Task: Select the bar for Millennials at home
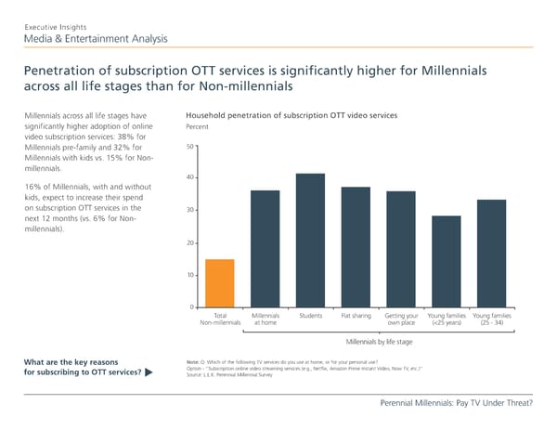pyautogui.click(x=266, y=249)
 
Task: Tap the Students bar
pyautogui.click(x=311, y=241)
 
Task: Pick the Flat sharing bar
pyautogui.click(x=356, y=247)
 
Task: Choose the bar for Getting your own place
pyautogui.click(x=401, y=249)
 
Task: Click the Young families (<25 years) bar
pyautogui.click(x=446, y=262)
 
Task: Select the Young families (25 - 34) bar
pyautogui.click(x=491, y=254)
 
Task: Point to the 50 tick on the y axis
pyautogui.click(x=189, y=147)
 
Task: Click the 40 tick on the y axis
pyautogui.click(x=189, y=178)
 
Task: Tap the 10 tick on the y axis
pyautogui.click(x=189, y=275)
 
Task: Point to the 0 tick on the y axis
pyautogui.click(x=191, y=307)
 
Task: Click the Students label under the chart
pyautogui.click(x=311, y=316)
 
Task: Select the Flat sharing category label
pyautogui.click(x=356, y=316)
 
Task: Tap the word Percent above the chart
pyautogui.click(x=197, y=126)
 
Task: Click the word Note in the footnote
pyautogui.click(x=194, y=361)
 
